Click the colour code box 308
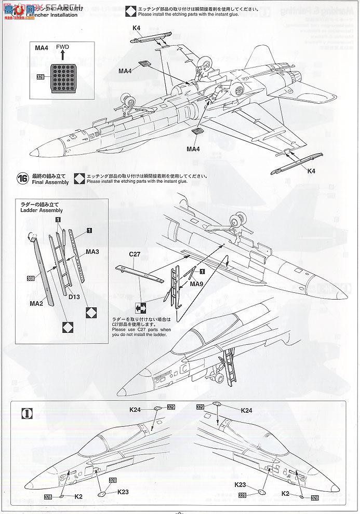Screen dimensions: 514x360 pyautogui.click(x=32, y=278)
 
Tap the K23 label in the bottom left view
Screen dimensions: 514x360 pyautogui.click(x=123, y=491)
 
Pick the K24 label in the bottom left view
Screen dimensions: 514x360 pyautogui.click(x=135, y=410)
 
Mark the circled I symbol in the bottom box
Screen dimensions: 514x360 pyautogui.click(x=25, y=414)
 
